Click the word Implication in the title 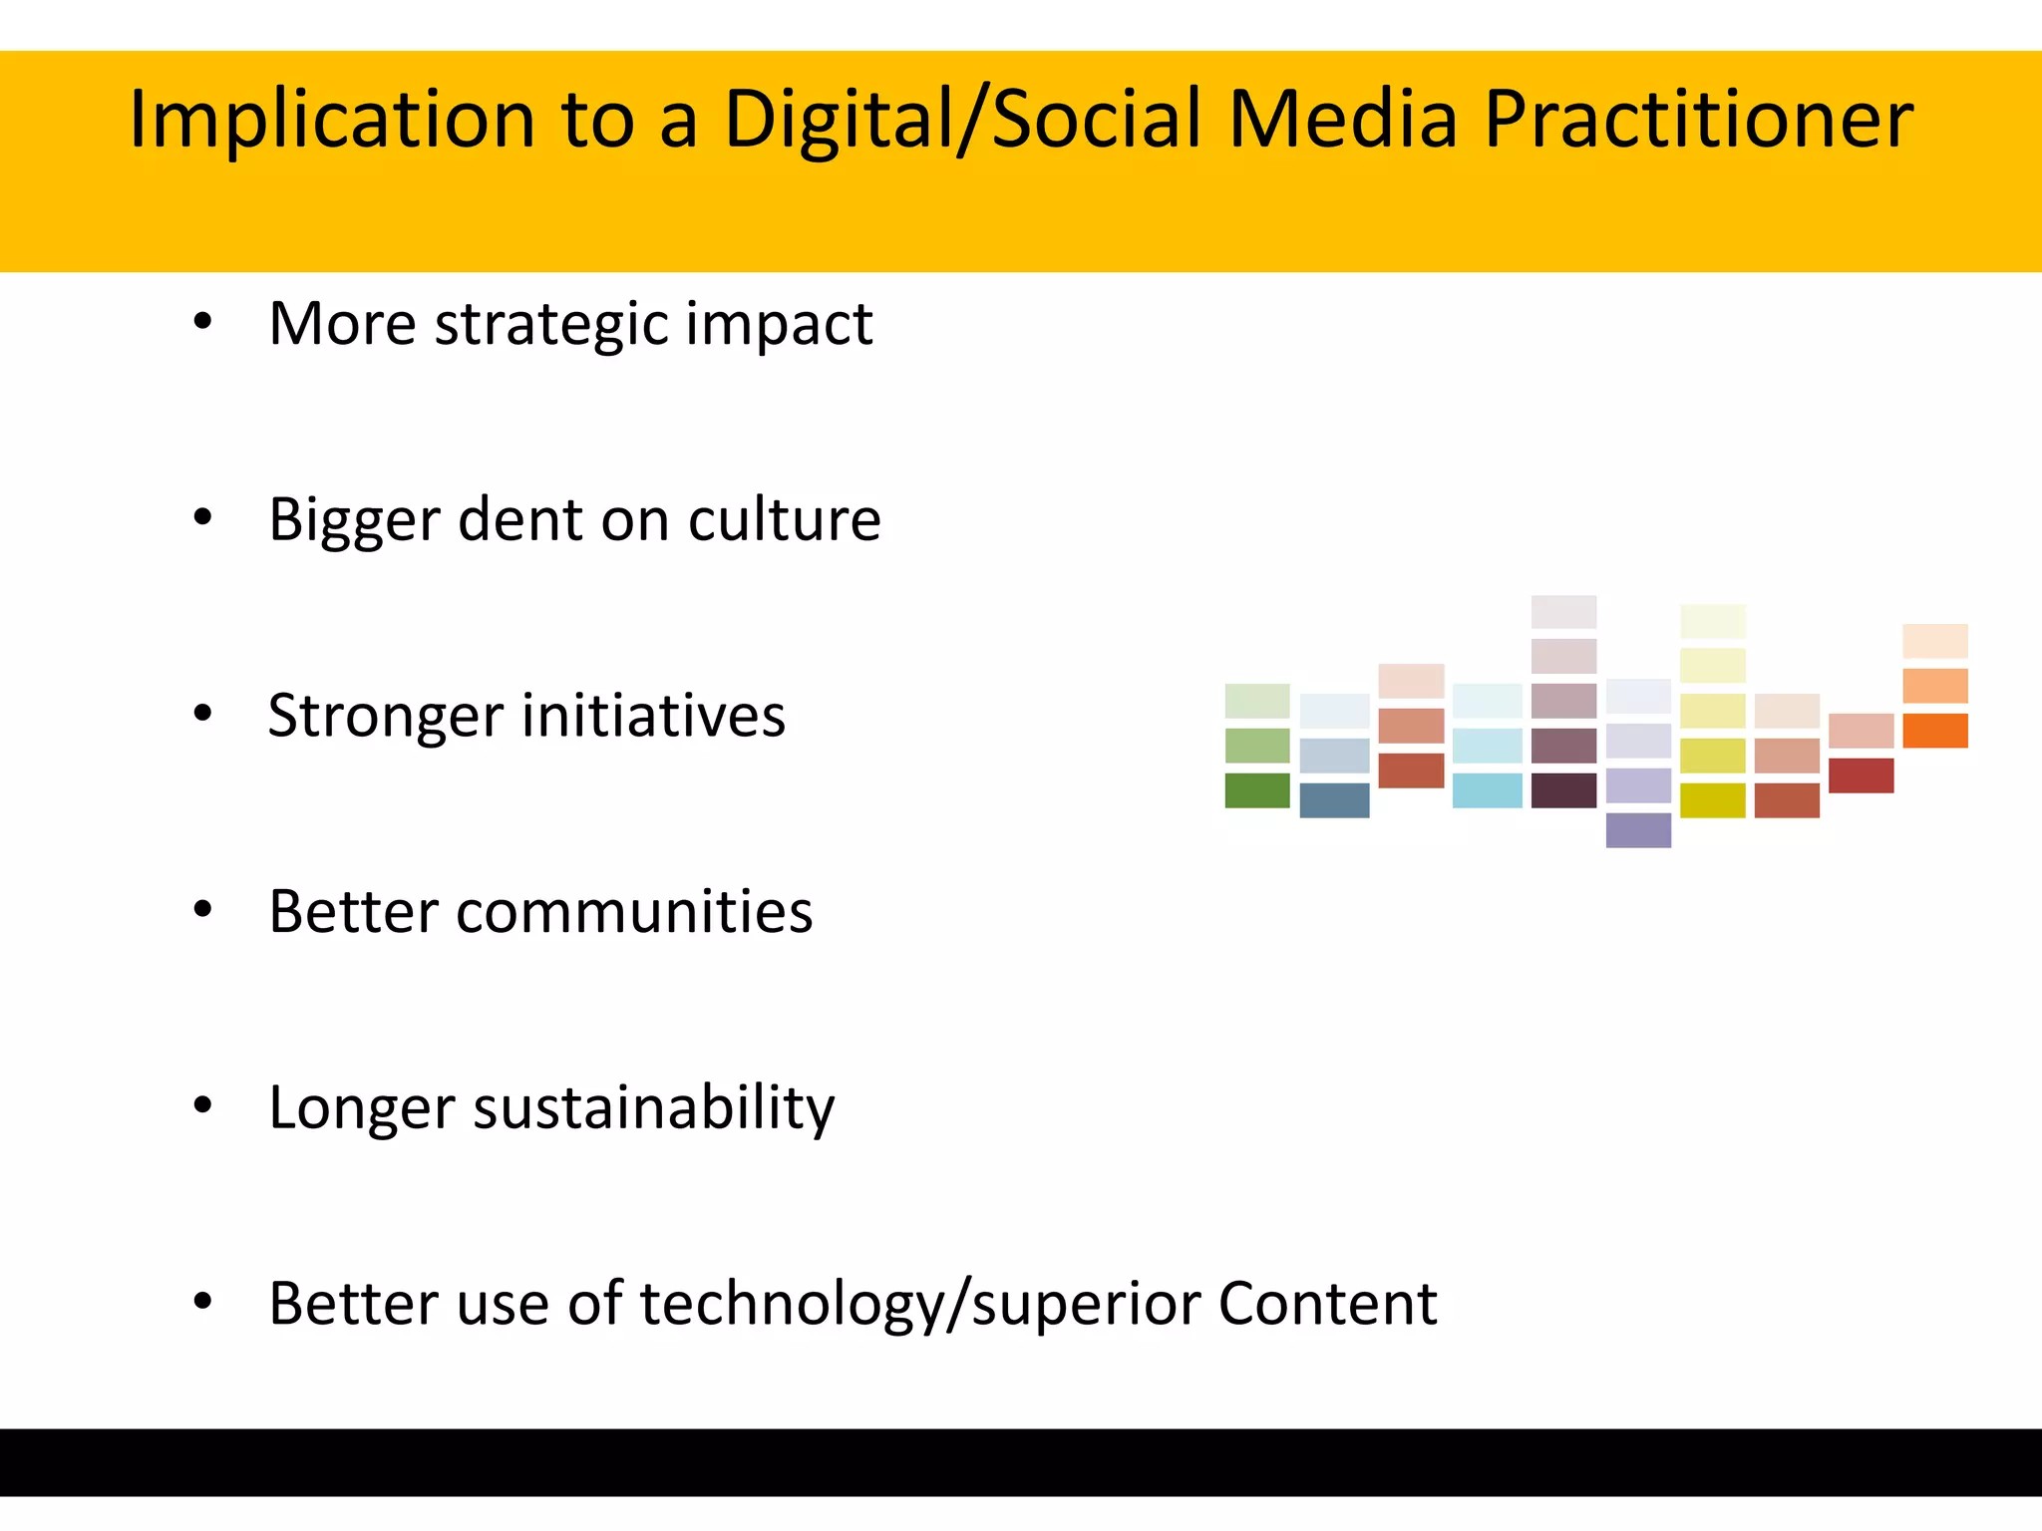[x=332, y=120]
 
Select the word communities [x=634, y=911]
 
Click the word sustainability [x=653, y=1108]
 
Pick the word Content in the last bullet [x=1327, y=1303]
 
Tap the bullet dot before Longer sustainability [x=203, y=1104]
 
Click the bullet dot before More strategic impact [x=203, y=321]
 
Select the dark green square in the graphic [x=1256, y=790]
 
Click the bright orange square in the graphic [x=1934, y=731]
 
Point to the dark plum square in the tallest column [x=1563, y=790]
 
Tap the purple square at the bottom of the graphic [x=1638, y=830]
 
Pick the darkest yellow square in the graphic [x=1712, y=800]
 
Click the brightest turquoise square [x=1487, y=790]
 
